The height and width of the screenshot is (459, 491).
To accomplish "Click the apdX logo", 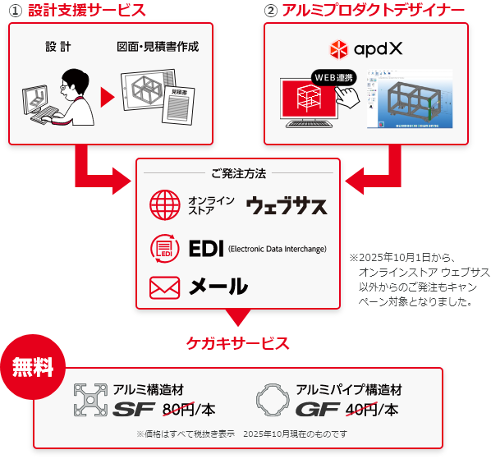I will (x=365, y=48).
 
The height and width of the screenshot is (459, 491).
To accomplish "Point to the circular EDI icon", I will (x=164, y=248).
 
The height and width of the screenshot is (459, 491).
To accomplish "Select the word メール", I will (x=218, y=287).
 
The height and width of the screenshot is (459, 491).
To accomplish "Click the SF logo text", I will (x=134, y=409).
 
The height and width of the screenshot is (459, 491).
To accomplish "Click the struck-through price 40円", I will (x=361, y=408).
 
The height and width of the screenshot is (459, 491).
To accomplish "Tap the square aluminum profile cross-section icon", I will (x=90, y=400).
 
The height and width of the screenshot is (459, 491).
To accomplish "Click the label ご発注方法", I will (x=238, y=173).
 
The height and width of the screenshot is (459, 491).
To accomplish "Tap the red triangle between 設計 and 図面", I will (x=106, y=97).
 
